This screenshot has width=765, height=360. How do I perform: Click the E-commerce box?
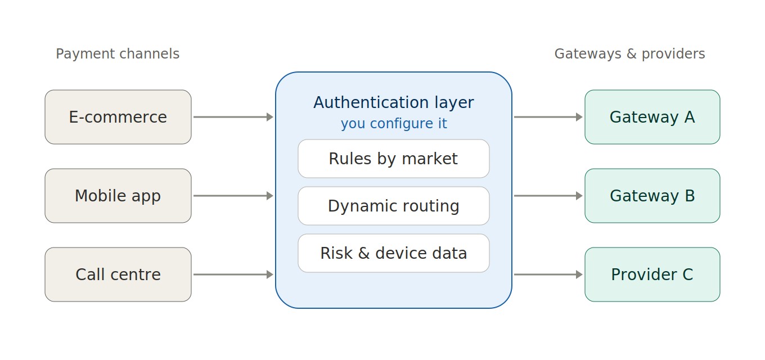(x=118, y=117)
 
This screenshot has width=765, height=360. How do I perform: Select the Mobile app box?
(x=118, y=196)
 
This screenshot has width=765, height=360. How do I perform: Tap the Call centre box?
(x=118, y=274)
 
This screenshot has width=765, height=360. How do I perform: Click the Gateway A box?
(x=652, y=117)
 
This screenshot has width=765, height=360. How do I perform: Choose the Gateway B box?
(x=652, y=196)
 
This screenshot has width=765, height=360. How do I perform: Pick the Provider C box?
(x=652, y=274)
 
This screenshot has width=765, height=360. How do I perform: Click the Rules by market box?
(x=393, y=159)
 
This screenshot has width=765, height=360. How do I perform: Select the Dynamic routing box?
(x=393, y=206)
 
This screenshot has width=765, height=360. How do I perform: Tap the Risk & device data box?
(x=393, y=253)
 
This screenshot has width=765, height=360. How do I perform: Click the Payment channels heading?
(x=118, y=54)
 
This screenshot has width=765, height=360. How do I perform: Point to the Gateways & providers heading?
(x=629, y=54)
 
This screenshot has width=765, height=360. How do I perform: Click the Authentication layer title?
(x=393, y=102)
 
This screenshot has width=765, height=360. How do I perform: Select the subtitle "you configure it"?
(x=393, y=124)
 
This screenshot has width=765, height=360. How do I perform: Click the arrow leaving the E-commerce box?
(x=233, y=117)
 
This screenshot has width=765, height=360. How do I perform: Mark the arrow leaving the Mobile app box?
(x=233, y=196)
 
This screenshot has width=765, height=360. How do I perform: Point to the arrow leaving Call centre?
(x=233, y=274)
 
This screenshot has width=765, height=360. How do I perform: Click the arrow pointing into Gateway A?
(x=548, y=117)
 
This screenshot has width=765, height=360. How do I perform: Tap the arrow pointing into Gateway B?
(x=548, y=196)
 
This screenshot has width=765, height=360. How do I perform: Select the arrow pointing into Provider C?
(x=548, y=274)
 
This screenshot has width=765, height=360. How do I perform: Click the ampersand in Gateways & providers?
(x=632, y=54)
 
